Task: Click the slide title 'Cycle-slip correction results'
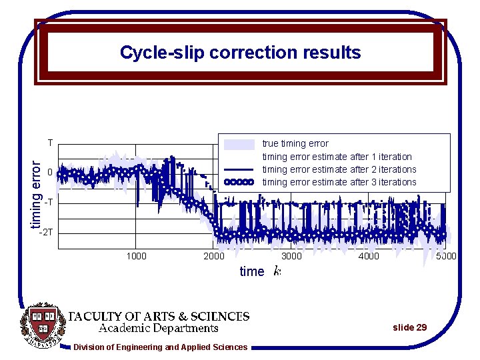240,53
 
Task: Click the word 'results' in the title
331,53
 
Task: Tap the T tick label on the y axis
50,143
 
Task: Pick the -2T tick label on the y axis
46,233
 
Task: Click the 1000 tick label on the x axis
136,256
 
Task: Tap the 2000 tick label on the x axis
213,256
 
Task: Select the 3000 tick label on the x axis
291,256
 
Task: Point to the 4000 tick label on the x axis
369,256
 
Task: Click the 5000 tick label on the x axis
445,256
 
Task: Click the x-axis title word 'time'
251,271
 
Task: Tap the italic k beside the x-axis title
277,271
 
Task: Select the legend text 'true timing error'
295,143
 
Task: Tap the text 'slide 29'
409,327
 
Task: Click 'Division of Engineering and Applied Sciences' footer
160,347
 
